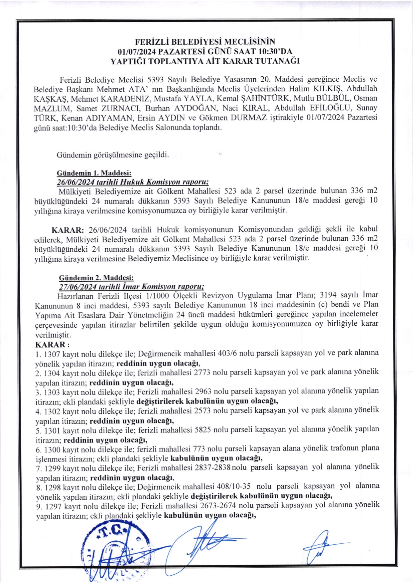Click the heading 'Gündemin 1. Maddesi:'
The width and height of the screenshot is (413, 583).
[94, 173]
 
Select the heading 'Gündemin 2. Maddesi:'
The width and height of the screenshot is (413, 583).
[96, 278]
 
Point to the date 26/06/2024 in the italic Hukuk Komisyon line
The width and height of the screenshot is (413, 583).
[75, 182]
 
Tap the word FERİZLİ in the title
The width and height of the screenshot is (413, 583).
[153, 42]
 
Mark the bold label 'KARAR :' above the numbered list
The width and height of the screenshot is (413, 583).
[52, 345]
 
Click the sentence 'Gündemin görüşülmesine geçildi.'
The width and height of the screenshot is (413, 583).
[113, 155]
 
